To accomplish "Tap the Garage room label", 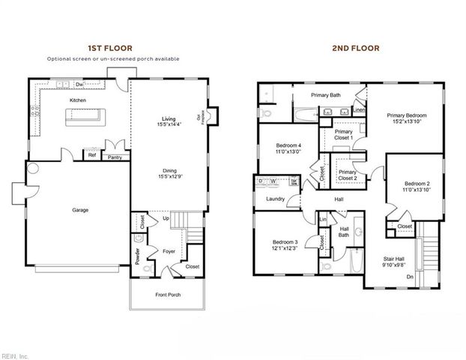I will [80, 210].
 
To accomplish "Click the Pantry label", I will [115, 157].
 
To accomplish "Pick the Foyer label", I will [169, 251].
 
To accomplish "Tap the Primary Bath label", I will [326, 95].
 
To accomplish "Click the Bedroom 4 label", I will [288, 145].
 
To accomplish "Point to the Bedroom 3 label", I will [285, 241].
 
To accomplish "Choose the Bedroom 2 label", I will [417, 184].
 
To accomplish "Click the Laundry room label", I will [275, 199].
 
